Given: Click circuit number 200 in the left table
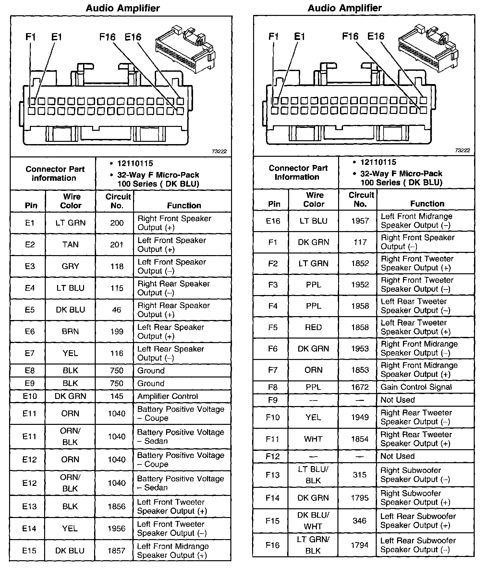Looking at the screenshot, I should click(x=117, y=223).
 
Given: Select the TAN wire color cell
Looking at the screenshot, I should click(x=70, y=245).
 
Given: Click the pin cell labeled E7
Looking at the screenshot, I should click(x=30, y=353).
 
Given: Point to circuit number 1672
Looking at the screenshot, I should click(x=360, y=387).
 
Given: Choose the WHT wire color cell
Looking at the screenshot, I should click(x=313, y=439).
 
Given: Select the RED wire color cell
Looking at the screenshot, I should click(x=313, y=327).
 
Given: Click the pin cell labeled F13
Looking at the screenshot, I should click(x=273, y=475).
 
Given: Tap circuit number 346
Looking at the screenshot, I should click(x=360, y=521).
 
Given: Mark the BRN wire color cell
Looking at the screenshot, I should click(x=70, y=331).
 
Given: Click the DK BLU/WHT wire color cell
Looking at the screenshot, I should click(x=313, y=521).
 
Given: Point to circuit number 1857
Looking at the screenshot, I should click(x=116, y=550).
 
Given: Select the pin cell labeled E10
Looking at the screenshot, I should click(x=30, y=396).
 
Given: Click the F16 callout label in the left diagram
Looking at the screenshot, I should click(x=107, y=37).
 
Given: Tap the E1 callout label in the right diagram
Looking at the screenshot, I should click(x=299, y=36).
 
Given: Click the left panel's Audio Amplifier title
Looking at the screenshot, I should click(x=123, y=8).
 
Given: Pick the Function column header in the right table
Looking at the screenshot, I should click(x=427, y=204).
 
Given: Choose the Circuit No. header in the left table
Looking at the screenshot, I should click(x=117, y=201).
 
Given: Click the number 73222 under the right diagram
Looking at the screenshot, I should click(x=462, y=150).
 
